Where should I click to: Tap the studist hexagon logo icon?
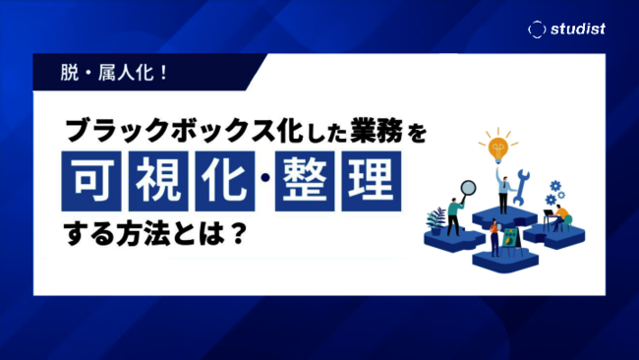[536, 30]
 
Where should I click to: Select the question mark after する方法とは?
[238, 236]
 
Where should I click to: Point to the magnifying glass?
[468, 188]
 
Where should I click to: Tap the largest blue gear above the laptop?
[556, 186]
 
